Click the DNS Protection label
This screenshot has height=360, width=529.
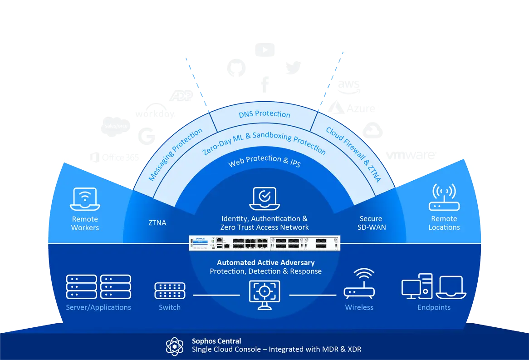[264, 114]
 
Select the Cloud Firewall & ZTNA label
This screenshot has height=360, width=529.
[353, 155]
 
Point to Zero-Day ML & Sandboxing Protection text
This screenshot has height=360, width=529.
[264, 143]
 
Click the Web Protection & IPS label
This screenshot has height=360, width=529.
[264, 161]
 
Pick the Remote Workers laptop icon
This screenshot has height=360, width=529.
[85, 199]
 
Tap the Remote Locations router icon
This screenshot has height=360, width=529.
[444, 197]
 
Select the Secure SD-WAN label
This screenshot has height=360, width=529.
[371, 223]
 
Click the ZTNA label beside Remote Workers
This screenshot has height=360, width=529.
[157, 223]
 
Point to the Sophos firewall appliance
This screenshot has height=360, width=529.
[264, 242]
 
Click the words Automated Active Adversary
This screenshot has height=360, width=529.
[265, 262]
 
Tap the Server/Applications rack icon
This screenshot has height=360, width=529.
[98, 286]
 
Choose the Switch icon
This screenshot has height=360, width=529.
[170, 291]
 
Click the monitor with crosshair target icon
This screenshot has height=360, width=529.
[264, 294]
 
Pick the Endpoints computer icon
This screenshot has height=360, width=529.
[434, 286]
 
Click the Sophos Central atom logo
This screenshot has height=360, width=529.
[175, 346]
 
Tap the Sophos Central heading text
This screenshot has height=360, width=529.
[216, 341]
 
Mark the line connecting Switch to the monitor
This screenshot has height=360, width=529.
[216, 295]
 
